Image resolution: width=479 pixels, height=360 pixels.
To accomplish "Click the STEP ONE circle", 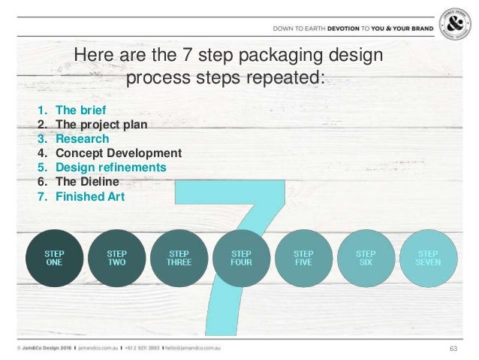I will click(53, 259).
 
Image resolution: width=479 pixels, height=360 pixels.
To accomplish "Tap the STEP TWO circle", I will click(116, 259).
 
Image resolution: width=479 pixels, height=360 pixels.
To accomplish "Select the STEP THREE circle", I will click(179, 259).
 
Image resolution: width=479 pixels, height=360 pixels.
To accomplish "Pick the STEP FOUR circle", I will click(241, 259).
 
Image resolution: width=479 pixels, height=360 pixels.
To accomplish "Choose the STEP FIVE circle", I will click(303, 259).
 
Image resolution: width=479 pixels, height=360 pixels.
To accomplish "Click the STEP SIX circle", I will click(366, 259).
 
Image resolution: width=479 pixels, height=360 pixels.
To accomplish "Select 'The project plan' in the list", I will click(101, 124).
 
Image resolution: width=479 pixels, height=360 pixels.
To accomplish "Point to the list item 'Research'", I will click(82, 138).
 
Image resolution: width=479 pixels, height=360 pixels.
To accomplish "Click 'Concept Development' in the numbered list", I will click(119, 153).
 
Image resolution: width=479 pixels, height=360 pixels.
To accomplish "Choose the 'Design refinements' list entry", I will click(111, 168).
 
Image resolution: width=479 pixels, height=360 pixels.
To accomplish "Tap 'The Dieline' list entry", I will click(87, 182).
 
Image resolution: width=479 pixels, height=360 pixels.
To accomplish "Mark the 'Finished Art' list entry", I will click(90, 198).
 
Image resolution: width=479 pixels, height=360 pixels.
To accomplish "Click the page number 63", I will click(453, 348).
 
